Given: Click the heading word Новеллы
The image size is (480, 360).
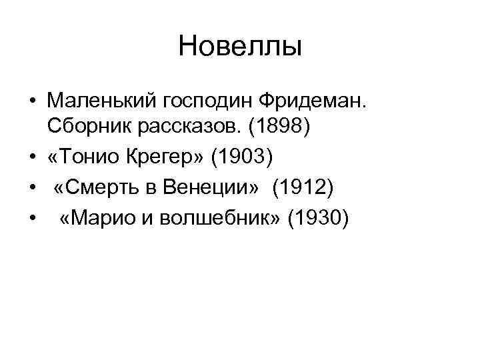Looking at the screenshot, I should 240,46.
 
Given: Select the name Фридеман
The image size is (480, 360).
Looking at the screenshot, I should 311,101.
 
